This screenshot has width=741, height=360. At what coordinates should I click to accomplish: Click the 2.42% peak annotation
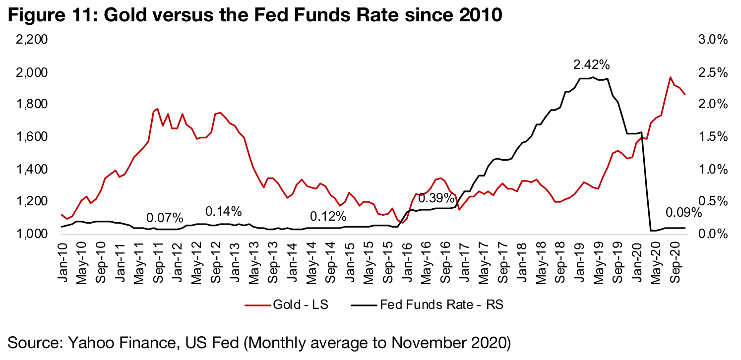(591, 64)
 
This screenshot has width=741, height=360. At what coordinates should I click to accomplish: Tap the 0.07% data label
(165, 218)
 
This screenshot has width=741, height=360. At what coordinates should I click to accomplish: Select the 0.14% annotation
(223, 212)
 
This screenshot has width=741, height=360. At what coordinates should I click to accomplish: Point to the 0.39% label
(436, 198)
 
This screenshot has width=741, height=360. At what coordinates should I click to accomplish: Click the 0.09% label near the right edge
(683, 213)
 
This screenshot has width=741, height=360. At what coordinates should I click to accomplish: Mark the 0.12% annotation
(328, 217)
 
